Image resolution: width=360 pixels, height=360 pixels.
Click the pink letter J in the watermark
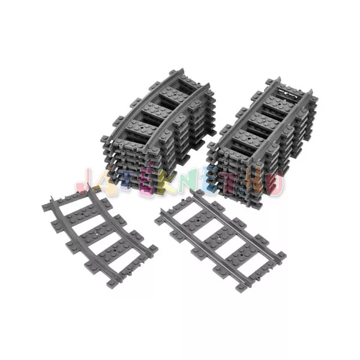click(85, 184)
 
